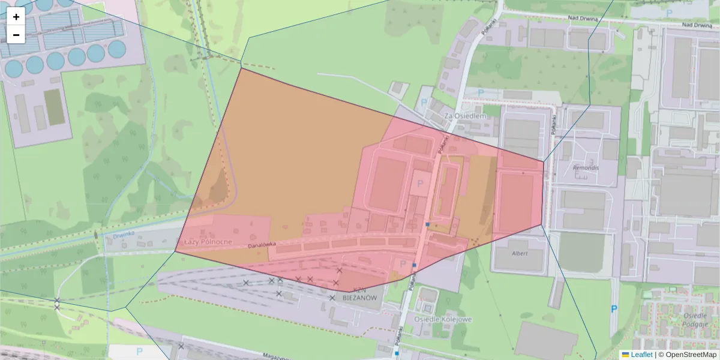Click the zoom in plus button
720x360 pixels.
pos(16,17)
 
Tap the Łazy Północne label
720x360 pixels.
pos(208,241)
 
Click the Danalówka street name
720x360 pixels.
pos(262,244)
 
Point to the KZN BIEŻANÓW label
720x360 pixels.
pos(359,297)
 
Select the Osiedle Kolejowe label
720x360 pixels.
pos(442,319)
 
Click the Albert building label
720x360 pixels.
pos(520,253)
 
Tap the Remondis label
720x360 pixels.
pos(586,167)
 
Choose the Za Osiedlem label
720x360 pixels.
pos(464,115)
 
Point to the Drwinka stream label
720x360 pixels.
pos(122,236)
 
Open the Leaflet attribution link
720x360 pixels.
pos(641,355)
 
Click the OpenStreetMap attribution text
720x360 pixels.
pos(691,355)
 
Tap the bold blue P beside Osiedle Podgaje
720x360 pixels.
pos(614,309)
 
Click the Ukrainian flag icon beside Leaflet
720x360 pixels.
pos(625,355)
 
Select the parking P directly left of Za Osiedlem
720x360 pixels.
pos(424,103)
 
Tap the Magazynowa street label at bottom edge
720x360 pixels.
pos(282,356)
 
